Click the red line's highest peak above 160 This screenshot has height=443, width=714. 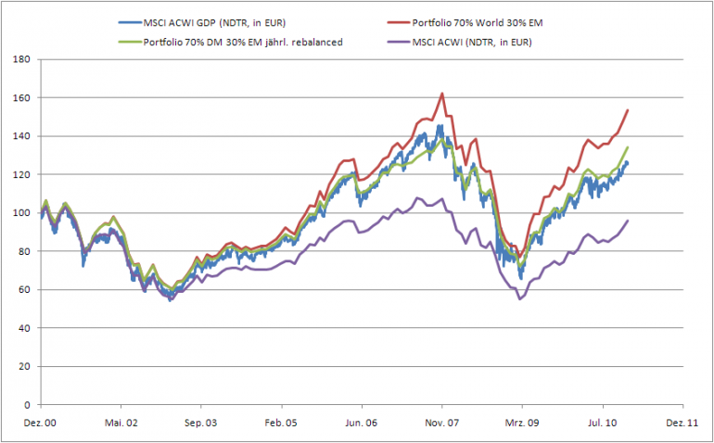442,93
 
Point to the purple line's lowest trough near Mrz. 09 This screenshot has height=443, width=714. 520,298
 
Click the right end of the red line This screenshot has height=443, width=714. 629,110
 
